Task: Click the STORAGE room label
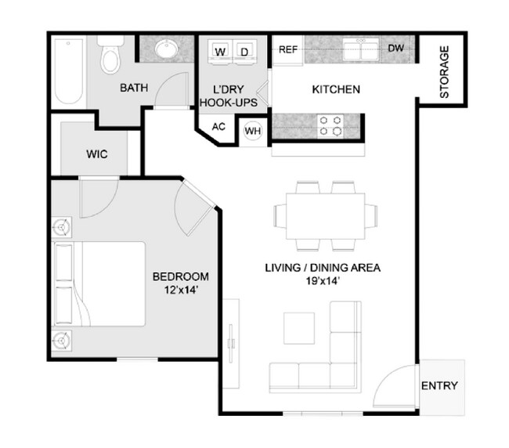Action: pyautogui.click(x=444, y=72)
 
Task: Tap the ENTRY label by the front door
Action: pyautogui.click(x=439, y=386)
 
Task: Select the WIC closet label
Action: pyautogui.click(x=97, y=154)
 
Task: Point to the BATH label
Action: pyautogui.click(x=134, y=89)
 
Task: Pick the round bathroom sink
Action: pyautogui.click(x=165, y=50)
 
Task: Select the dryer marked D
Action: pyautogui.click(x=244, y=52)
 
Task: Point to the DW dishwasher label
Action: pyautogui.click(x=396, y=49)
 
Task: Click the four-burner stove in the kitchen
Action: pyautogui.click(x=330, y=126)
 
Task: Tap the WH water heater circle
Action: pyautogui.click(x=252, y=131)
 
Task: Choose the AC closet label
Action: pyautogui.click(x=219, y=127)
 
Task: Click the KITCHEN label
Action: pyautogui.click(x=336, y=89)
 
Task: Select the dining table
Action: pyautogui.click(x=325, y=214)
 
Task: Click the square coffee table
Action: pyautogui.click(x=298, y=327)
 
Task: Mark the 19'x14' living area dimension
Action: pyautogui.click(x=322, y=281)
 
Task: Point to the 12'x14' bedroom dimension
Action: pyautogui.click(x=180, y=290)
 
